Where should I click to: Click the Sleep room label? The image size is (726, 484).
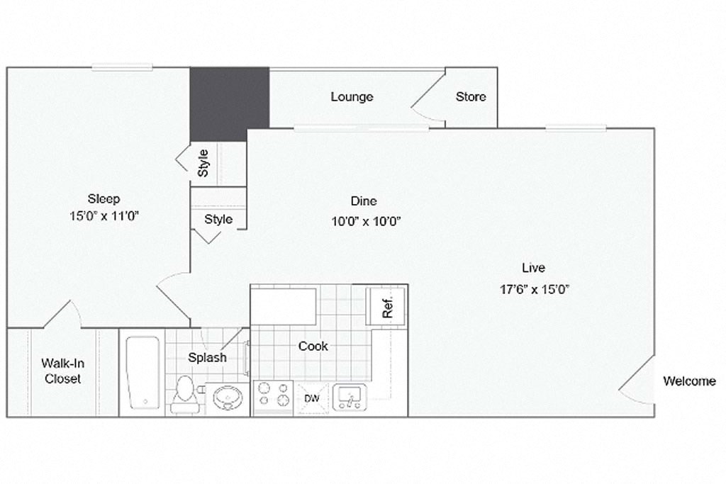point(104,198)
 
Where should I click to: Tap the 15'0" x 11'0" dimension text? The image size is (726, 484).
point(104,216)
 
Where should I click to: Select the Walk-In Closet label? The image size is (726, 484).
point(62,371)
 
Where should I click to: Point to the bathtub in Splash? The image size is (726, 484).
point(143,372)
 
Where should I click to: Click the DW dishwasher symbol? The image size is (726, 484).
point(312,398)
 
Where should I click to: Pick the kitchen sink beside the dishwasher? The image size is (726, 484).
point(350,398)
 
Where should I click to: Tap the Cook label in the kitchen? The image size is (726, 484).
point(313,346)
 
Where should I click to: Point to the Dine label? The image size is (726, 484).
point(364,201)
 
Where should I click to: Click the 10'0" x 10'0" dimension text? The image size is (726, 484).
point(367,220)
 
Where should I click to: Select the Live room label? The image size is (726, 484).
point(533,268)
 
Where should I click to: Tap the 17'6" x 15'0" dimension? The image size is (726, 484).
point(535,288)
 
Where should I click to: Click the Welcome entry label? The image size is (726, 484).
point(689,381)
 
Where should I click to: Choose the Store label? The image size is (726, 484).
point(471,96)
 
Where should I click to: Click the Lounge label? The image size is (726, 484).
point(352,96)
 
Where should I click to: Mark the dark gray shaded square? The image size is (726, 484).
point(229,104)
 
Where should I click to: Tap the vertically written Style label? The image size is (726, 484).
point(203,163)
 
